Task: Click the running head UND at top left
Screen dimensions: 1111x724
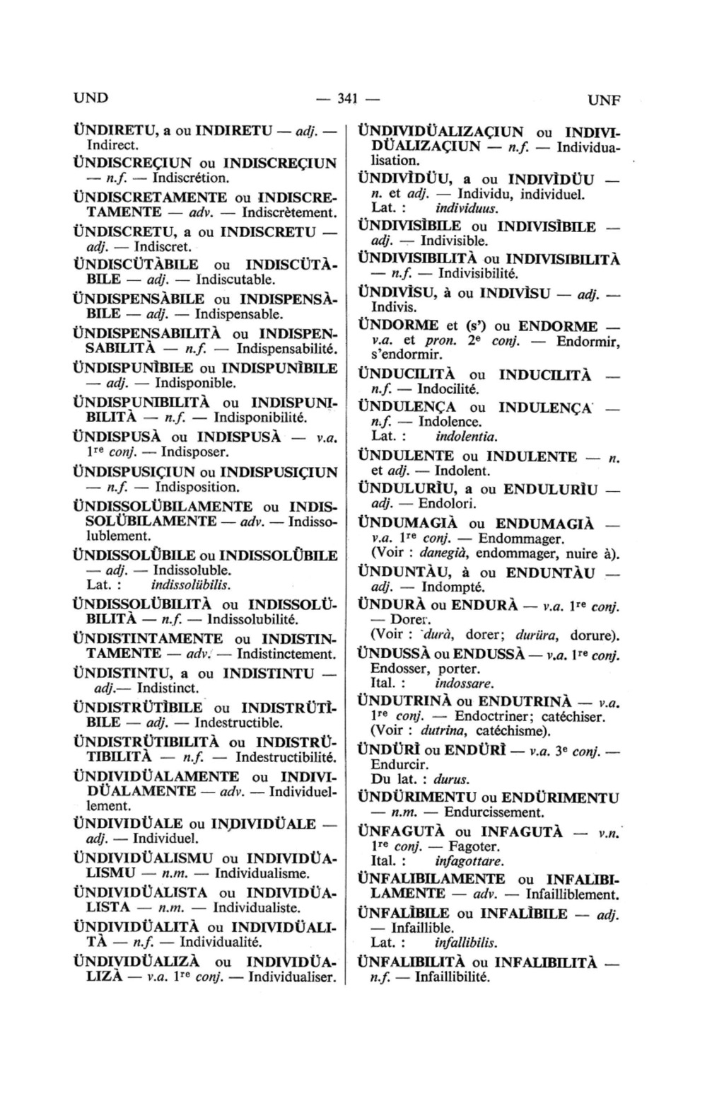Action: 92,98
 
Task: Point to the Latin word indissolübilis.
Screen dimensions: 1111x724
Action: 192,585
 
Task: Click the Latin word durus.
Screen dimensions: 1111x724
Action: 451,779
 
